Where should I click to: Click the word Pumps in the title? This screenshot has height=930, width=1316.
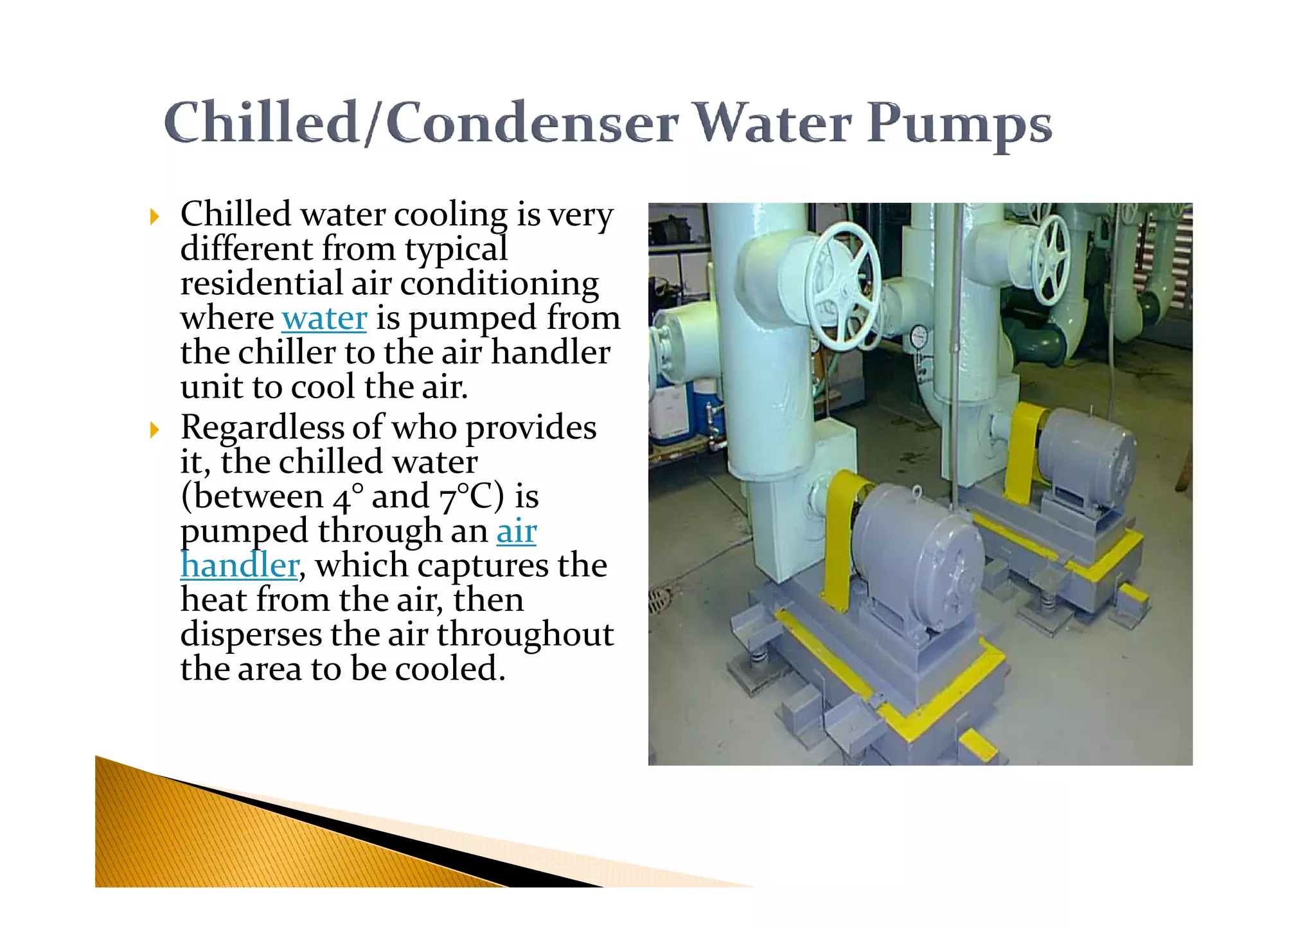[x=959, y=123]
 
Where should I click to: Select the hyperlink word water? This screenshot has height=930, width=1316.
[x=325, y=318]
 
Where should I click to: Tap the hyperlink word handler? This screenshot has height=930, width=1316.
[x=240, y=566]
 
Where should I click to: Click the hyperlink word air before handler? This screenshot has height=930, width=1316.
[x=516, y=531]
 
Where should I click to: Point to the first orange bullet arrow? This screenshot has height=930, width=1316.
[x=154, y=216]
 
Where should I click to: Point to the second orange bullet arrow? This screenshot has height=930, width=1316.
[x=154, y=430]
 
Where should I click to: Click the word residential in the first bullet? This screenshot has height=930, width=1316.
[x=261, y=283]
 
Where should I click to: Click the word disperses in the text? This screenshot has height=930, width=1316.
[x=251, y=635]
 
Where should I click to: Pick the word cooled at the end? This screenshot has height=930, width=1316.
[x=449, y=669]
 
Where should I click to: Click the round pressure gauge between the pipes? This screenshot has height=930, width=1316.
[x=919, y=336]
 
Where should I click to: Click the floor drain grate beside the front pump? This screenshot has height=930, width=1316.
[x=658, y=601]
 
